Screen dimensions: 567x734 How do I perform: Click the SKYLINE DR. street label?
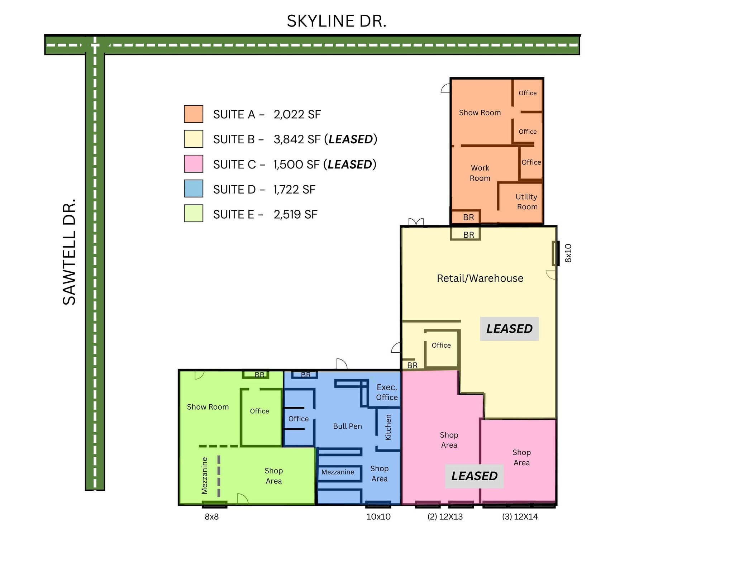(x=337, y=21)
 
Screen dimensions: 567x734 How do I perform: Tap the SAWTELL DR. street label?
(x=69, y=252)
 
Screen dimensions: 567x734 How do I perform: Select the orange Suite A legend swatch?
(x=194, y=114)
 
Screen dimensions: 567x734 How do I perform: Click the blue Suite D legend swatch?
(x=194, y=189)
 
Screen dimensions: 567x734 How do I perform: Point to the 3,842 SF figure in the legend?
(x=297, y=139)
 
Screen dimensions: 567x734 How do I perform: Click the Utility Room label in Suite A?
(x=526, y=201)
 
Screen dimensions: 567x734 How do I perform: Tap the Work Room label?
(x=480, y=173)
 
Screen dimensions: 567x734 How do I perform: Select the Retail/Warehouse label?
(x=480, y=278)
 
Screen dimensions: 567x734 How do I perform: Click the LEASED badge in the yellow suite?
(x=509, y=329)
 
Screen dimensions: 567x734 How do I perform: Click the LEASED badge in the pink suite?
(x=474, y=476)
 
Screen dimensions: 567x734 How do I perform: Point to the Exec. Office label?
(x=387, y=392)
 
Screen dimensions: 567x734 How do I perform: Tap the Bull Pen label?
(x=347, y=426)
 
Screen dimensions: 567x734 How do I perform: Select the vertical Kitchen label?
(x=388, y=427)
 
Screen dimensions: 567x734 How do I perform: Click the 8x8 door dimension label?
(x=211, y=517)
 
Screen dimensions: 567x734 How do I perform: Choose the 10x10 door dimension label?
(x=378, y=517)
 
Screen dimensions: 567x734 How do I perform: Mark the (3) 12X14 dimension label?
(x=520, y=517)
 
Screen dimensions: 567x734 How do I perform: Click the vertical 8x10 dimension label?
(x=568, y=253)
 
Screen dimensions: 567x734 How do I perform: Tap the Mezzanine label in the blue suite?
(x=338, y=472)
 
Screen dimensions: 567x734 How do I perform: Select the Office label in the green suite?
(x=259, y=411)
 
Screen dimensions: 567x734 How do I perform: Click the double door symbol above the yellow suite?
(x=416, y=222)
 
